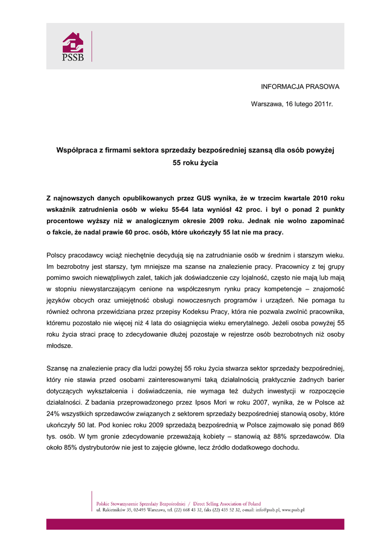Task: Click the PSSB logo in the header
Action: click(x=73, y=46)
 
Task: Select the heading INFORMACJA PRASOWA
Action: click(x=300, y=86)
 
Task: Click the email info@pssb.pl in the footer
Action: click(x=267, y=509)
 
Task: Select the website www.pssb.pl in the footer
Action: click(x=293, y=509)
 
